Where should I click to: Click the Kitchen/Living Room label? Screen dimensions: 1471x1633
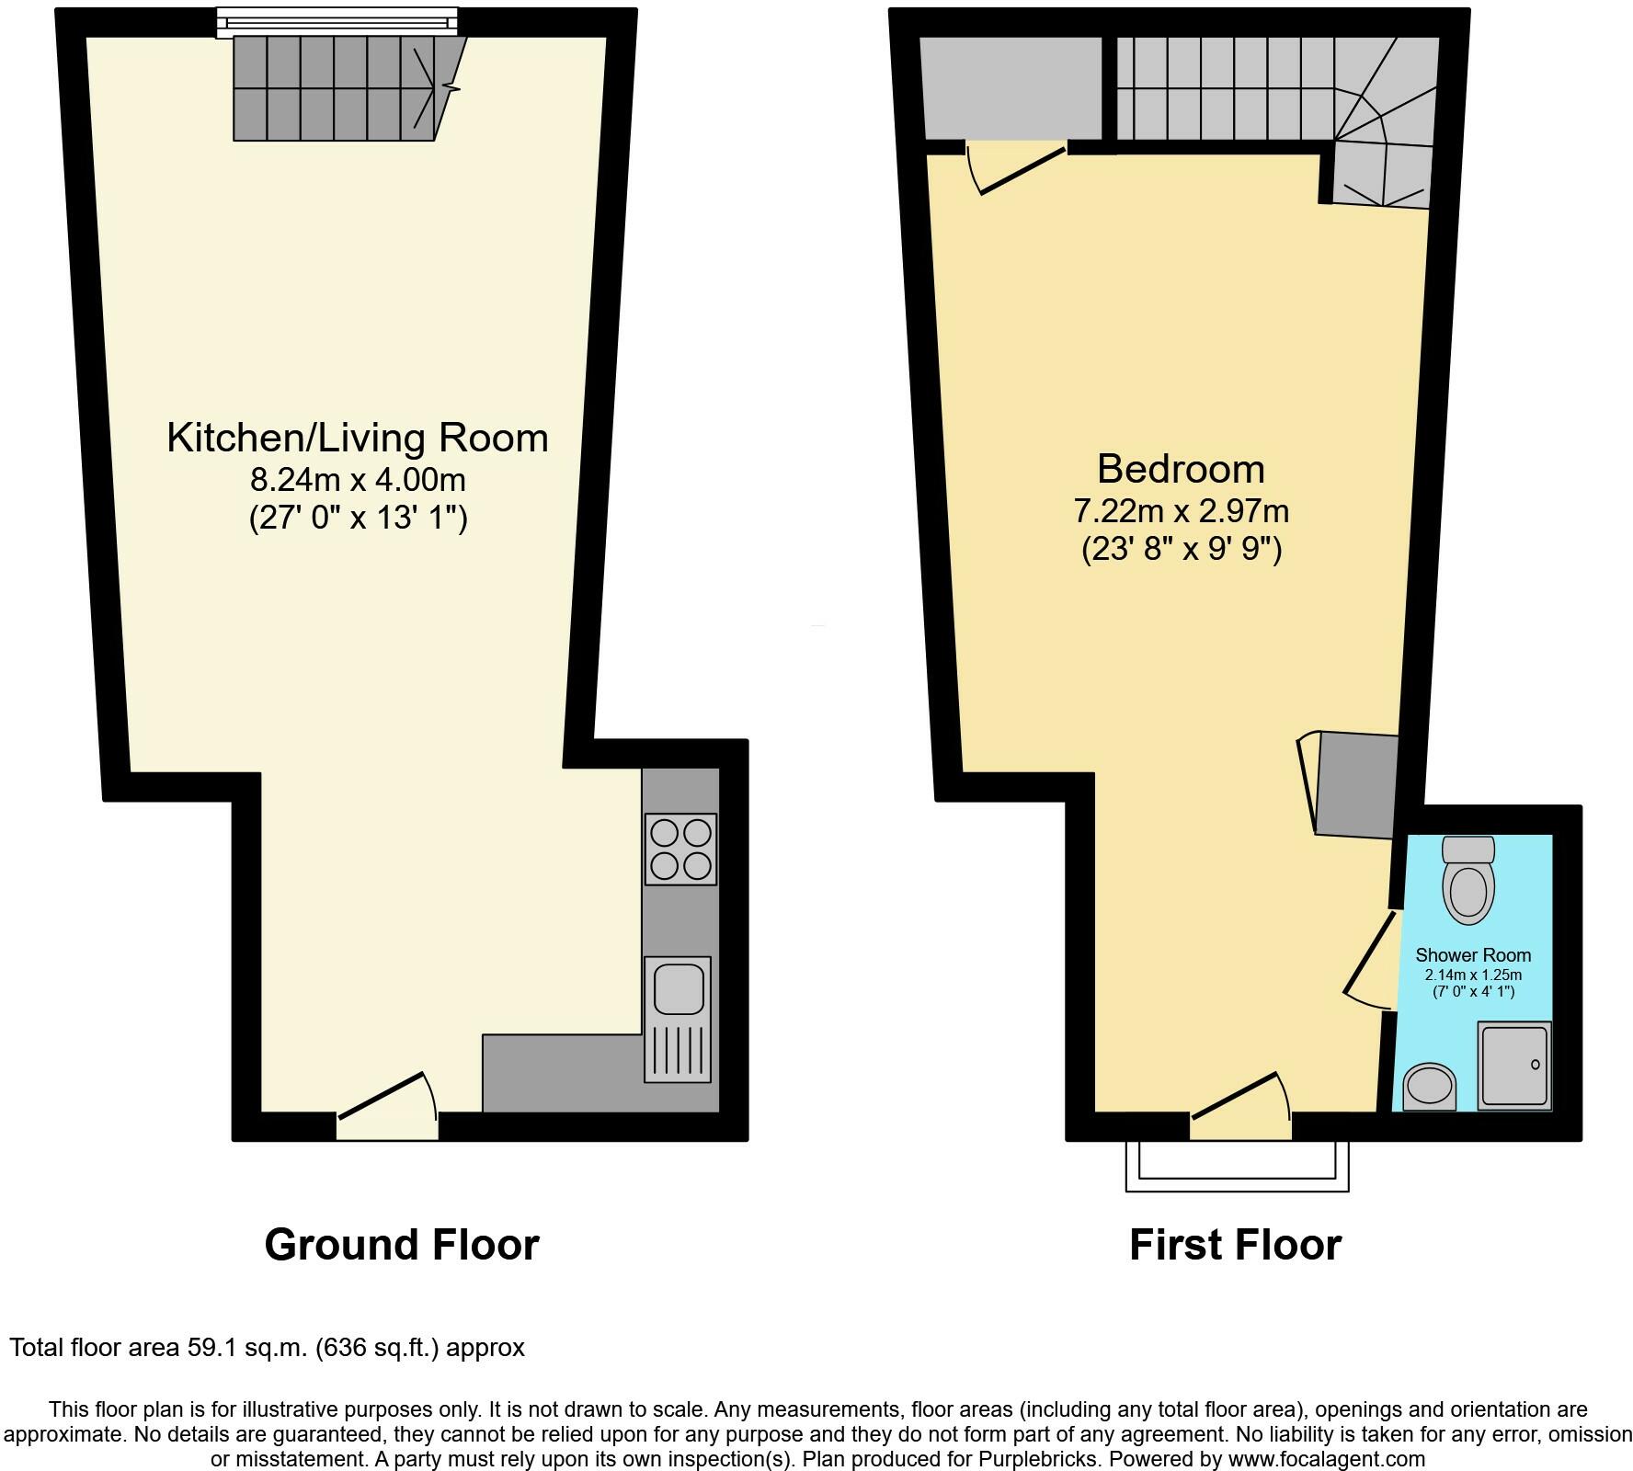[357, 438]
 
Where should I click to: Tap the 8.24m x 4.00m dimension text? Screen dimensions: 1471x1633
[358, 480]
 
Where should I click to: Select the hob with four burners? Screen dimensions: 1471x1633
[680, 850]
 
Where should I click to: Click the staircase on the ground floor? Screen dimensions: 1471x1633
[340, 88]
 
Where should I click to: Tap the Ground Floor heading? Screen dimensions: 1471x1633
[402, 1245]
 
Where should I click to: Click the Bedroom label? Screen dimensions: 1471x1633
[1181, 469]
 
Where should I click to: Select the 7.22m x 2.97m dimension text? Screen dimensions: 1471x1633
[1181, 510]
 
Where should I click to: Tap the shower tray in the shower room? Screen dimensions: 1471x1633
[1513, 1065]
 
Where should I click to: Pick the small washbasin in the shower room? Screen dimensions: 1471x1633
[1431, 1087]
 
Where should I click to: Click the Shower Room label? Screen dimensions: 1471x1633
[1473, 955]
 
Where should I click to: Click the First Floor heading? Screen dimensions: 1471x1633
[1235, 1245]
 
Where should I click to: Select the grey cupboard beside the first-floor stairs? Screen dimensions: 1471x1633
[1011, 88]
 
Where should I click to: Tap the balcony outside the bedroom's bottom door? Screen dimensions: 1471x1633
[1237, 1166]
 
